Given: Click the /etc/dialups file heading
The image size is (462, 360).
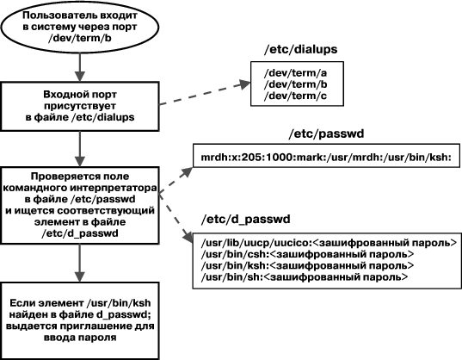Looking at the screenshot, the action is (x=300, y=49).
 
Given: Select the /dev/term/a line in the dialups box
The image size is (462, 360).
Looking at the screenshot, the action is (x=295, y=73).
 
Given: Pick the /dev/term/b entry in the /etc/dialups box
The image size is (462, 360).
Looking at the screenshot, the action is (x=295, y=84).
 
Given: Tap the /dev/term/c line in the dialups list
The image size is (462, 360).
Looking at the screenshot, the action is (x=295, y=96).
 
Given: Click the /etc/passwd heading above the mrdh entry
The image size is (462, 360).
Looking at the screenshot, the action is (x=326, y=133).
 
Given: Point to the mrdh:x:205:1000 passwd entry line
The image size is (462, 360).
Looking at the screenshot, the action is (x=326, y=157).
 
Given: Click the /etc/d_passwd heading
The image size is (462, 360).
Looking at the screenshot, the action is (x=245, y=220).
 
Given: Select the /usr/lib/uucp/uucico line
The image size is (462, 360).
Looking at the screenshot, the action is (x=329, y=243).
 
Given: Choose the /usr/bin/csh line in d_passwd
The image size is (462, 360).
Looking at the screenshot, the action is (x=308, y=254).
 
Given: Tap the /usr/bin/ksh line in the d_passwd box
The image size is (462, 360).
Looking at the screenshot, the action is (x=308, y=265).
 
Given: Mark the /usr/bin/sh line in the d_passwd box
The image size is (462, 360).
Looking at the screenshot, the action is (x=305, y=277).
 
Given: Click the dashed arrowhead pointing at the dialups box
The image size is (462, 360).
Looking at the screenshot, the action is (x=244, y=84).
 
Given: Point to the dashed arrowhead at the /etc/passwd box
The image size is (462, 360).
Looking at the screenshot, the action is (x=187, y=172).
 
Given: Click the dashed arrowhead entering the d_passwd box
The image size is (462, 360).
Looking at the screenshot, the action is (x=188, y=236).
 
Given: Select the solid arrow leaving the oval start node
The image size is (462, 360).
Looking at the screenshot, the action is (x=80, y=67).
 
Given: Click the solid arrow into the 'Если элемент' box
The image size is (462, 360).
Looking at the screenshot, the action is (x=80, y=263).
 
